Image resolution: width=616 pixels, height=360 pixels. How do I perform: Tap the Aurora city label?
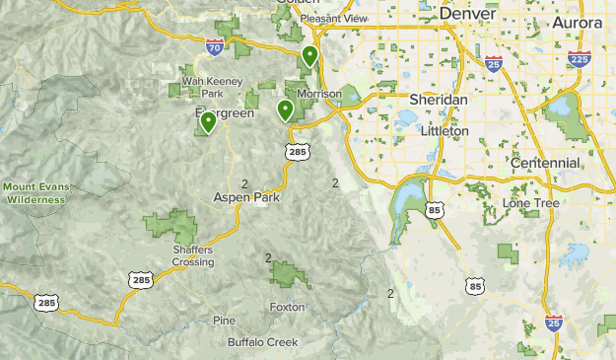pyautogui.click(x=577, y=22)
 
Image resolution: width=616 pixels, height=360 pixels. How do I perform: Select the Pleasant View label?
pyautogui.click(x=333, y=18)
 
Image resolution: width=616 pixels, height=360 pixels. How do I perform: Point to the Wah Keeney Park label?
pyautogui.click(x=203, y=88)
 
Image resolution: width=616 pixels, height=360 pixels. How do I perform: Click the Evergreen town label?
pyautogui.click(x=225, y=113)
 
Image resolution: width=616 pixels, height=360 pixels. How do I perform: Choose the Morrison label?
pyautogui.click(x=318, y=94)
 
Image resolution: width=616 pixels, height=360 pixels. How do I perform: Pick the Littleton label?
pyautogui.click(x=445, y=130)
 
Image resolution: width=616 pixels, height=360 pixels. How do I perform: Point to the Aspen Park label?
pyautogui.click(x=246, y=197)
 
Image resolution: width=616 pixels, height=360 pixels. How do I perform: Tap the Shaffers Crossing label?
pyautogui.click(x=192, y=255)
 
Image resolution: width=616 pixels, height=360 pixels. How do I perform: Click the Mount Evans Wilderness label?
pyautogui.click(x=34, y=192)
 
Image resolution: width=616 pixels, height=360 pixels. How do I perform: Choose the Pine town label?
pyautogui.click(x=224, y=321)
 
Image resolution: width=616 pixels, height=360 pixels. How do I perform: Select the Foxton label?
pyautogui.click(x=288, y=307)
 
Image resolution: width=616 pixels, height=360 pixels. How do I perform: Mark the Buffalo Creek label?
pyautogui.click(x=262, y=342)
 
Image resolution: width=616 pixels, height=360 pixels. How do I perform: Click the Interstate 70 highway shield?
pyautogui.click(x=215, y=46)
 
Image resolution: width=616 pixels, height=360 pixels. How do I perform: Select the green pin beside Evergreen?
pyautogui.click(x=209, y=122)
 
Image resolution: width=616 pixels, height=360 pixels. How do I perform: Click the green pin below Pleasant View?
pyautogui.click(x=309, y=56)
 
